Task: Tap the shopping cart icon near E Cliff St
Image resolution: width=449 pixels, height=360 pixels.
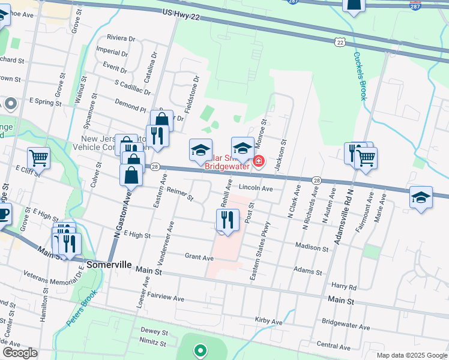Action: pyautogui.click(x=38, y=158)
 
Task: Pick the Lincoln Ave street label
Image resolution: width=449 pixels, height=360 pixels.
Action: pyautogui.click(x=256, y=188)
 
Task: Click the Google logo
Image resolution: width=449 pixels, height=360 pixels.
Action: pyautogui.click(x=20, y=353)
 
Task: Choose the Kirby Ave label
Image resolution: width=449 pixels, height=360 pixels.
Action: pyautogui.click(x=268, y=321)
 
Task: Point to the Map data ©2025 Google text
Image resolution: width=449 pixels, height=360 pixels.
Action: pyautogui.click(x=411, y=355)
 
